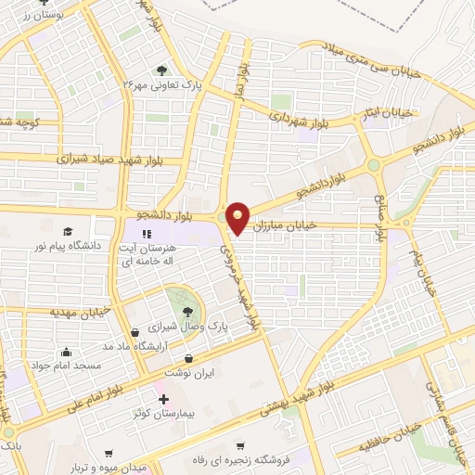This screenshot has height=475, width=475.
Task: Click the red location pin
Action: point(237,217)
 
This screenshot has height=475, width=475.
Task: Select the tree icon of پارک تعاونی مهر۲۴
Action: point(162,70)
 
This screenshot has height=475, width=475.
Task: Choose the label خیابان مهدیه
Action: point(83,313)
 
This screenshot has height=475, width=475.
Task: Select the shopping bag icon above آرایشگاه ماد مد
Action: point(136,331)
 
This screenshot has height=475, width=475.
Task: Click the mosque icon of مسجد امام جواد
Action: point(65,353)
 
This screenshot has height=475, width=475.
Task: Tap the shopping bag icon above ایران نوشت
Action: point(189,356)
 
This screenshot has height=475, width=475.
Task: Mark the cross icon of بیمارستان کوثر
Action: point(164,398)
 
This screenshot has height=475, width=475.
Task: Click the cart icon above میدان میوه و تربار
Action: point(109,454)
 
